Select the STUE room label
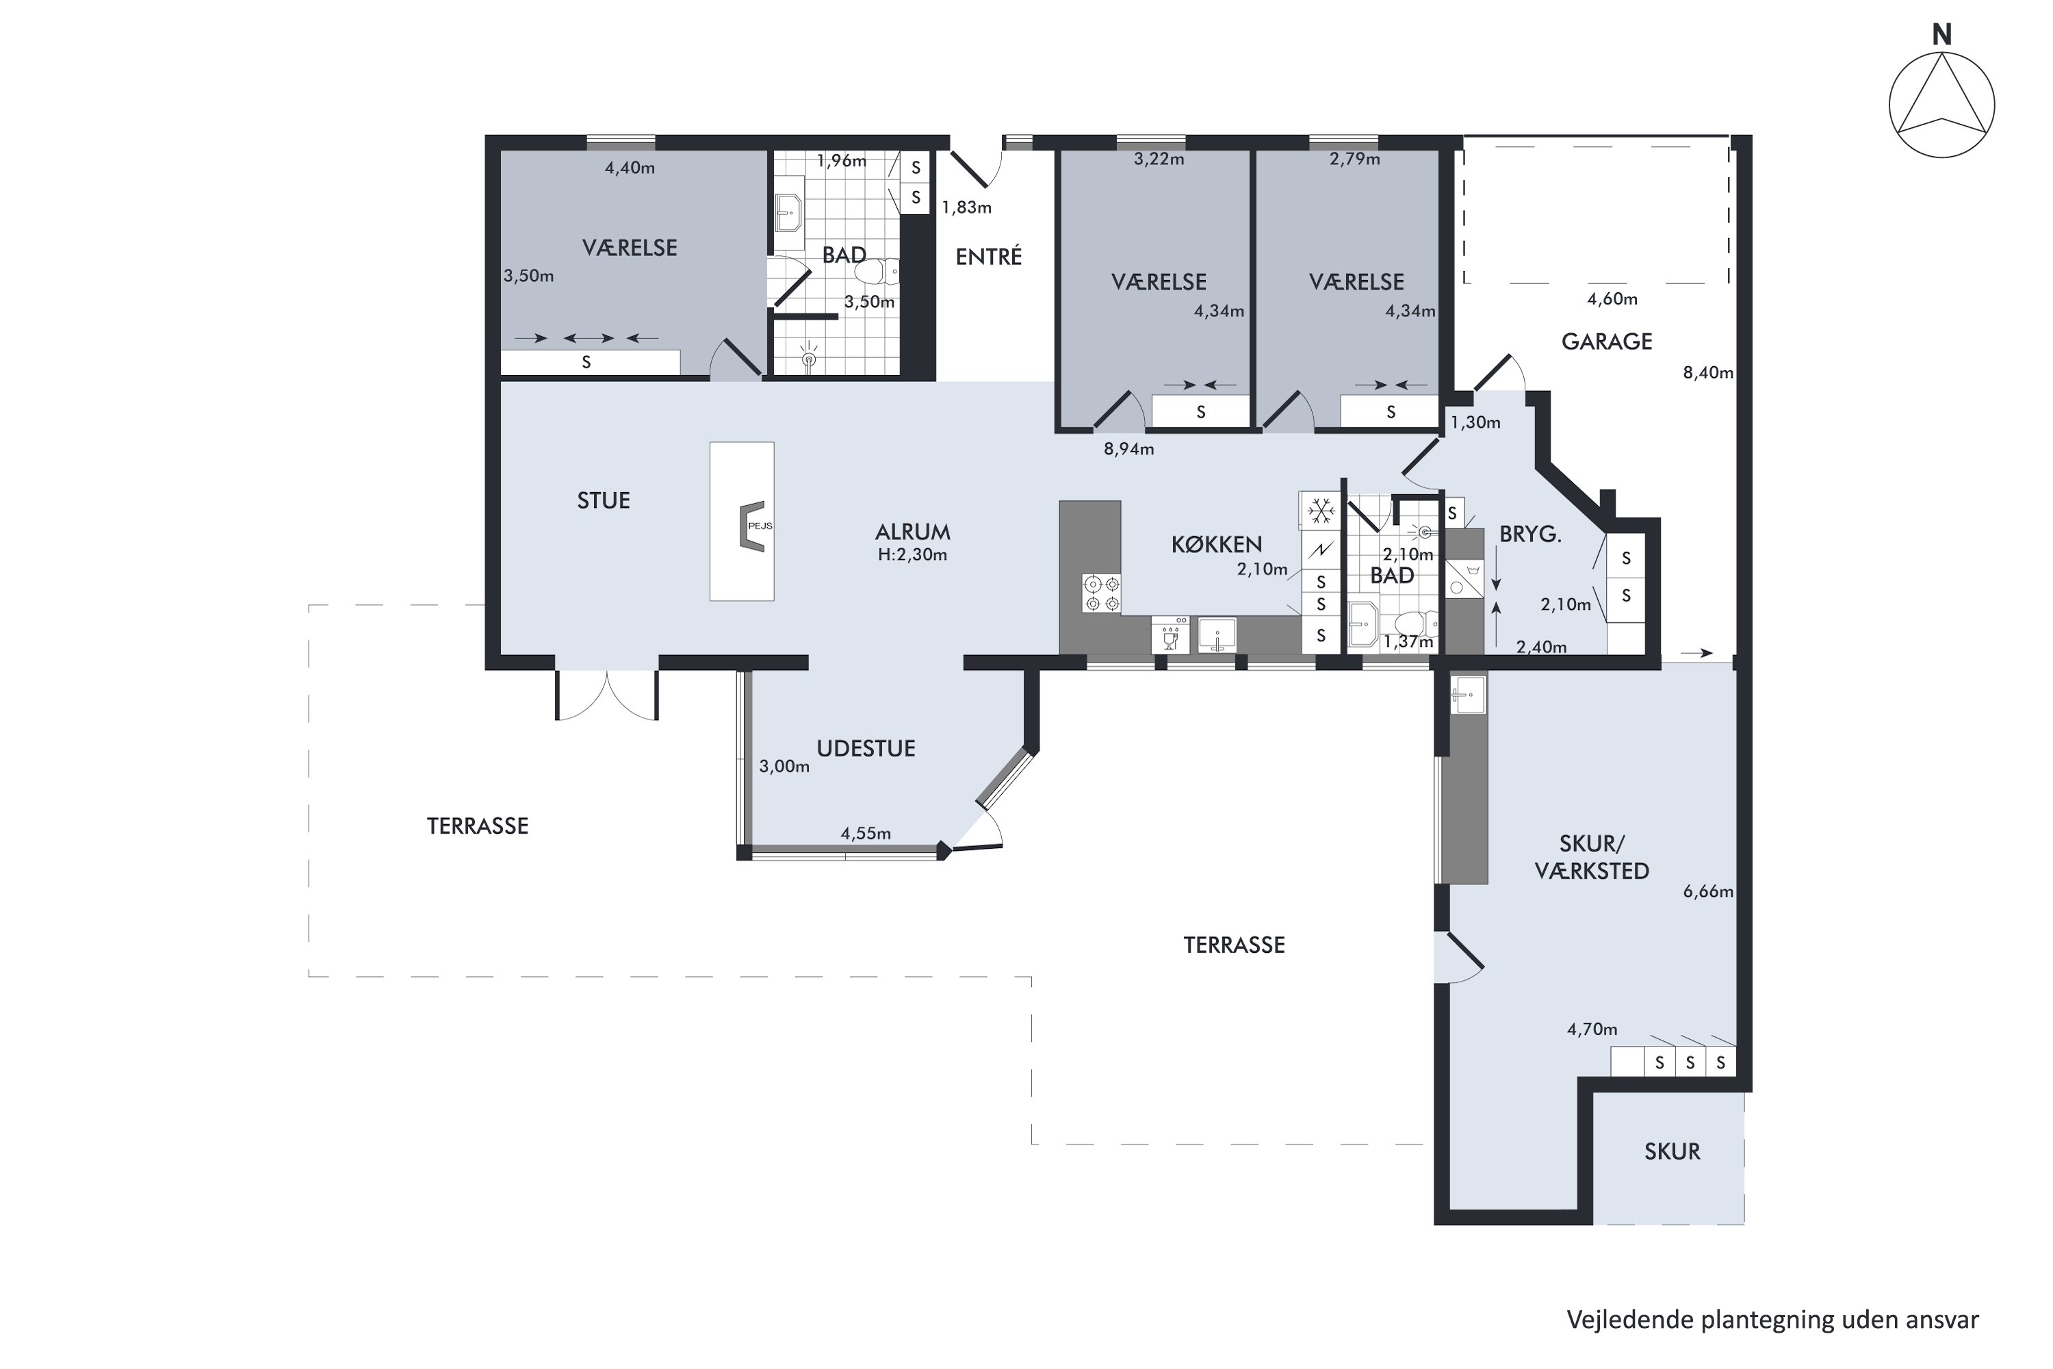603,500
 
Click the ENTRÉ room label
988,256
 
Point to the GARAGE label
1606,342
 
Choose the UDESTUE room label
866,748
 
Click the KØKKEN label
1216,545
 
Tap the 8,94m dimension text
1128,450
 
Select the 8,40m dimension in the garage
1708,373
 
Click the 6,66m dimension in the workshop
1708,891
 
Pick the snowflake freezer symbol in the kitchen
1321,511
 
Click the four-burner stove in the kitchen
1102,593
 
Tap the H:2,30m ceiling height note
912,554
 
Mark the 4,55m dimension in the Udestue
866,834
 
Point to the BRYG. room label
1530,535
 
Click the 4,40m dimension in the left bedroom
630,168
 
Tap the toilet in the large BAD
877,272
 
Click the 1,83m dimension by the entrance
966,208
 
